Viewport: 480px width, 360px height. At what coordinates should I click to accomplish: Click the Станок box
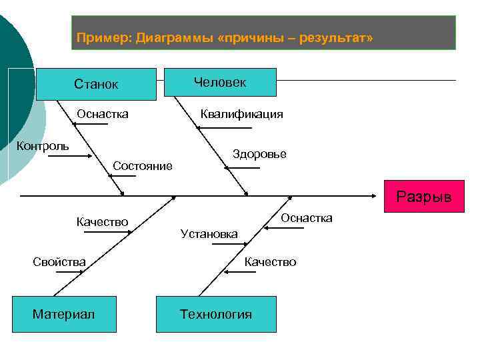click(96, 84)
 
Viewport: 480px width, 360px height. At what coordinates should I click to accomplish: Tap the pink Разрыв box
click(423, 197)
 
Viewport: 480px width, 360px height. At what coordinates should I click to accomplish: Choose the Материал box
click(63, 314)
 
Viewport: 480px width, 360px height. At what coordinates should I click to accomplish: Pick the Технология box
click(216, 314)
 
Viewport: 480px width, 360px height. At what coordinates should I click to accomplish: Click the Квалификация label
click(242, 114)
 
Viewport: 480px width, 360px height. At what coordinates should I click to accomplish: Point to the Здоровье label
click(259, 154)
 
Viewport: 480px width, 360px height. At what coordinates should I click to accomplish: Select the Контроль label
click(42, 146)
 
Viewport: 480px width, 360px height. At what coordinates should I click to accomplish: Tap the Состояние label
click(143, 165)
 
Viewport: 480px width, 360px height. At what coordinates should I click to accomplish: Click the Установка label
click(209, 233)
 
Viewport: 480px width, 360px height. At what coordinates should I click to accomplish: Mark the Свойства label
click(59, 262)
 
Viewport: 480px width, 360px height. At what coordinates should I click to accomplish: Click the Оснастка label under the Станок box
click(103, 114)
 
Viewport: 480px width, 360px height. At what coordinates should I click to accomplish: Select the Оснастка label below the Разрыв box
click(306, 219)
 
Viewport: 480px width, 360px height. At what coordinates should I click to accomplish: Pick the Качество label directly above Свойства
click(102, 222)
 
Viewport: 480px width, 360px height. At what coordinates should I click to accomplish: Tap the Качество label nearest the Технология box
click(270, 262)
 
